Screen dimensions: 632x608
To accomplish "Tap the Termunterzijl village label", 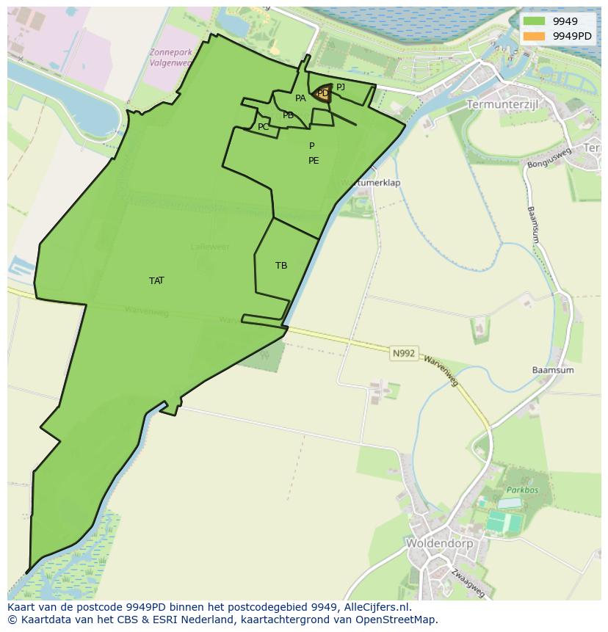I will [x=502, y=105].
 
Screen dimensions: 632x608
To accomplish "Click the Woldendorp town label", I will [x=439, y=544].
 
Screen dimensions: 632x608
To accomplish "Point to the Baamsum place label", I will [x=553, y=370].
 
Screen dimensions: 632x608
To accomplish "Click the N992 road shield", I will [x=404, y=354].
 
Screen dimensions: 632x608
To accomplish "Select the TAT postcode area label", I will [x=156, y=280].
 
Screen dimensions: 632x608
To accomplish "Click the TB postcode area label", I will [x=281, y=266].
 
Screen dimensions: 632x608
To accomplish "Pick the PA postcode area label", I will [x=300, y=98].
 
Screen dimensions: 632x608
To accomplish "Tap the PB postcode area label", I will [x=288, y=115].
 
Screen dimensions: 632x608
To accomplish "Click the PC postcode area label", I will [x=263, y=127].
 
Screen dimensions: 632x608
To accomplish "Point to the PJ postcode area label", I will [x=341, y=87].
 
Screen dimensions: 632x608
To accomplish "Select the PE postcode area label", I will [x=314, y=161].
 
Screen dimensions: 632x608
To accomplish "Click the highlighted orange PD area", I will [x=322, y=93].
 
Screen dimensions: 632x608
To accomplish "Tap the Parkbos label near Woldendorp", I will [x=522, y=490].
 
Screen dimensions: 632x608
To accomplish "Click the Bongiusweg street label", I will [x=549, y=158].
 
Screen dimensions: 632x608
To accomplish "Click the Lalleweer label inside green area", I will [x=209, y=247].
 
